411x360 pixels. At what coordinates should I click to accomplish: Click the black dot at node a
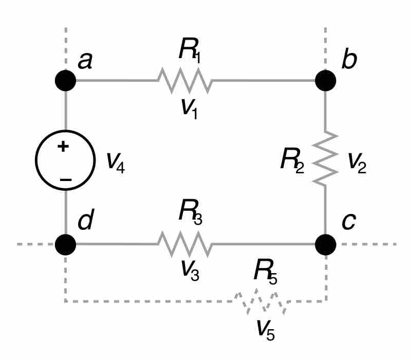pyautogui.click(x=66, y=81)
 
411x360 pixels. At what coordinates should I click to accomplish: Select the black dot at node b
pyautogui.click(x=325, y=81)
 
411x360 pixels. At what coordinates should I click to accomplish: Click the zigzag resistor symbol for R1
pyautogui.click(x=184, y=81)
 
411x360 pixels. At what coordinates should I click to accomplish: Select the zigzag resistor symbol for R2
pyautogui.click(x=325, y=159)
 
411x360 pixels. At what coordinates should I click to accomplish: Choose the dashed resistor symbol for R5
pyautogui.click(x=261, y=302)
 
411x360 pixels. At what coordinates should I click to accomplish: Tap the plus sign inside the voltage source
pyautogui.click(x=63, y=147)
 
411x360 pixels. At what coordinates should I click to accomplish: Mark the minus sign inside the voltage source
pyautogui.click(x=65, y=180)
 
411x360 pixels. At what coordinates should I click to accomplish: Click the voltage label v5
pyautogui.click(x=266, y=329)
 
